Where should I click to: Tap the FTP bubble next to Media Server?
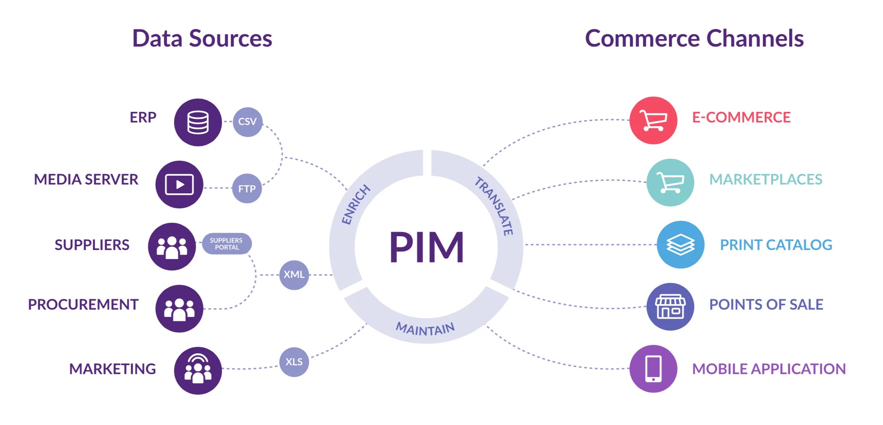[247, 188]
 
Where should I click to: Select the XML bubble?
[294, 275]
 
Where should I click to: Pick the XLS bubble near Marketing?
[294, 362]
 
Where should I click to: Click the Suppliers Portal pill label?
[227, 244]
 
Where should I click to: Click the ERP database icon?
[198, 122]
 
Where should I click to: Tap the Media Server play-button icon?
[179, 185]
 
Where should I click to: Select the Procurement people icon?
[179, 309]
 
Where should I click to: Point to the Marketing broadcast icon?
[198, 370]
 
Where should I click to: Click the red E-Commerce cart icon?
[653, 121]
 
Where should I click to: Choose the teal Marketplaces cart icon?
[670, 182]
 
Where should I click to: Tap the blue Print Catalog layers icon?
[680, 244]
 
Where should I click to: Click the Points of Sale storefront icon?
[670, 306]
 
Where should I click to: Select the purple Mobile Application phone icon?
[653, 369]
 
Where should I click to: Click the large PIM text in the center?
[426, 247]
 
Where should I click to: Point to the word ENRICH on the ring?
[355, 205]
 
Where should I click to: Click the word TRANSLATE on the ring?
[494, 206]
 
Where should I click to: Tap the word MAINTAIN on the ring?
[425, 329]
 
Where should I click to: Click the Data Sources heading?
[202, 39]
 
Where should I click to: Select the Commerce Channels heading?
[694, 39]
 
